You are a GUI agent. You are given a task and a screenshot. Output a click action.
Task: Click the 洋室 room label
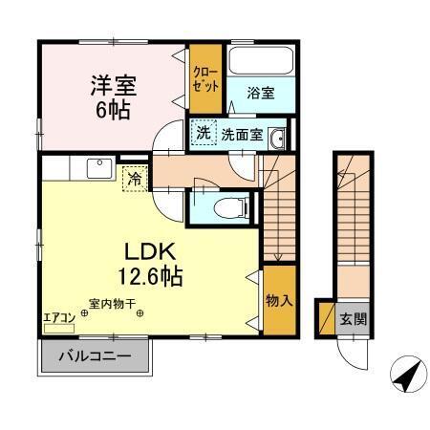pyautogui.click(x=113, y=84)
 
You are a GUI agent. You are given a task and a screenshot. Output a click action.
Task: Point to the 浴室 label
pyautogui.click(x=260, y=93)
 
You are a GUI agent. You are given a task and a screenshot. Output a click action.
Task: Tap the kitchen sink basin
pyautogui.click(x=97, y=168)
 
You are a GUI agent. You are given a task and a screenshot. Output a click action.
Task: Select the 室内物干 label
pyautogui.click(x=113, y=305)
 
